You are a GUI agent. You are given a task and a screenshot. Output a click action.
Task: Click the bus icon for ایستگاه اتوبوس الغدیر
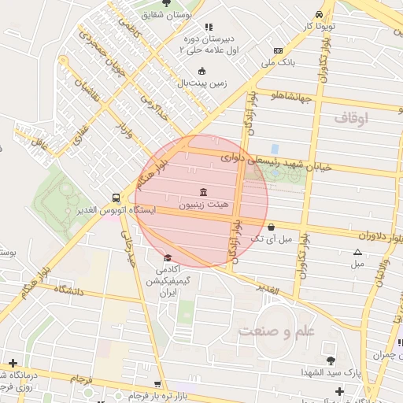click(116, 198)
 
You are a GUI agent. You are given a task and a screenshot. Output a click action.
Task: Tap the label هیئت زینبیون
click(204, 205)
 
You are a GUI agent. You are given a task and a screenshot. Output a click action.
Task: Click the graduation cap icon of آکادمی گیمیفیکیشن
click(167, 258)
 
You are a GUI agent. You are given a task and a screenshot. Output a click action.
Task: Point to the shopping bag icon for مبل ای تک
click(272, 227)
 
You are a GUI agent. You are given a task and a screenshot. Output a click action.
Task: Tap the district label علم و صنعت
click(283, 331)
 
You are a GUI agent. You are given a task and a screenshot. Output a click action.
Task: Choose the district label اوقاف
click(352, 118)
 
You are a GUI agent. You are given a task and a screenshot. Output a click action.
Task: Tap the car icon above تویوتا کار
click(318, 14)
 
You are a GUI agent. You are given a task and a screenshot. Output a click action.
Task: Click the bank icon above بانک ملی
click(278, 50)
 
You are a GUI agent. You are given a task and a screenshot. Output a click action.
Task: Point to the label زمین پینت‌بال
click(201, 82)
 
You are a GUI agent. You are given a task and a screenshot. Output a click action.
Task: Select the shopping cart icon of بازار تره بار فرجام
click(158, 385)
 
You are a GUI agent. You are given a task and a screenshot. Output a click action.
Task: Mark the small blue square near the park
click(274, 148)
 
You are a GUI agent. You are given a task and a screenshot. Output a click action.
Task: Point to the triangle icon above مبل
click(357, 253)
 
